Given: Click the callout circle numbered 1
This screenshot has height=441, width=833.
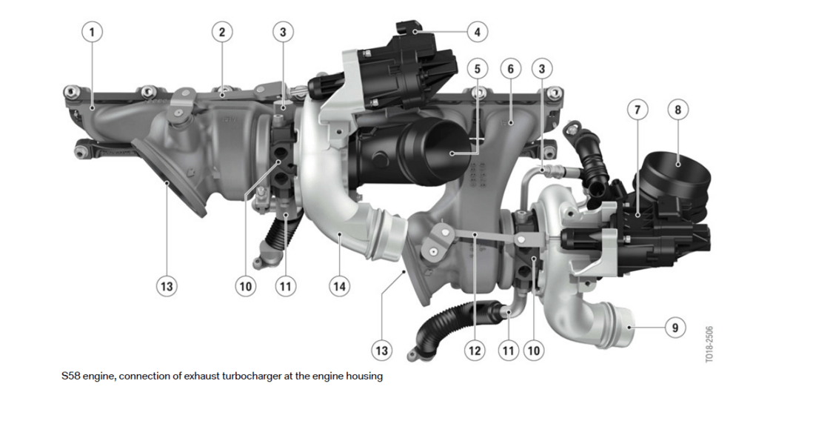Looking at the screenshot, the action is [x=92, y=32].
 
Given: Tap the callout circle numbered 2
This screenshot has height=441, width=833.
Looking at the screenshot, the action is [x=222, y=32].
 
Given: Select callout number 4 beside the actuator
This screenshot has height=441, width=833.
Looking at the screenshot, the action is [x=477, y=32].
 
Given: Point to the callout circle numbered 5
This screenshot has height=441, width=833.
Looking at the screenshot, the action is [x=477, y=69].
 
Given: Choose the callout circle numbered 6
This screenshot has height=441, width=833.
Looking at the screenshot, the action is [x=510, y=69].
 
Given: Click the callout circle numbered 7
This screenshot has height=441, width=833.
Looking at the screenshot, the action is [x=638, y=110].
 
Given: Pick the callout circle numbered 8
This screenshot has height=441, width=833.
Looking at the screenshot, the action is [x=678, y=110].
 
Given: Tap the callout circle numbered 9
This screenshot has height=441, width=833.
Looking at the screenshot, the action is [x=675, y=327].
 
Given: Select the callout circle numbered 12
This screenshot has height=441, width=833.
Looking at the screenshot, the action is [x=475, y=351].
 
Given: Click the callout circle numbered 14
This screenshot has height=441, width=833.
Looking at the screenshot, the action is [x=339, y=286].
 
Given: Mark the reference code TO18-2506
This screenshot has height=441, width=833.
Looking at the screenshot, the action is [x=709, y=344].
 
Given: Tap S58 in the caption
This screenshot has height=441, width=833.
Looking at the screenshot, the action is [x=71, y=376].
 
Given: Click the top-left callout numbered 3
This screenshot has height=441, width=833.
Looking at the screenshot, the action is [x=283, y=32].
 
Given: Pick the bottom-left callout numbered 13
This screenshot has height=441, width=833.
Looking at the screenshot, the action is [x=167, y=286].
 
